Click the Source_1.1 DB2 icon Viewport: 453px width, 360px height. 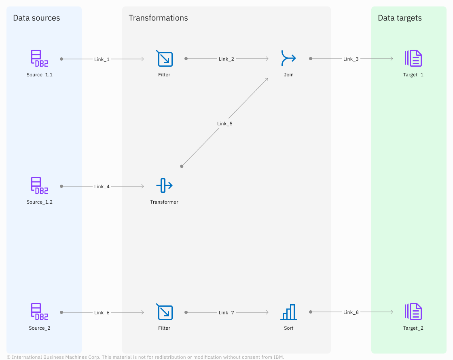coord(40,58)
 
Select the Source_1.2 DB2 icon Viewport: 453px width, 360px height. coord(40,185)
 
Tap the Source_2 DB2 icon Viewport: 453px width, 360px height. coord(40,312)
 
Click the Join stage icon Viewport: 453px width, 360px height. coord(288,58)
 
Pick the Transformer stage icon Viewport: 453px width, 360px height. coord(164,185)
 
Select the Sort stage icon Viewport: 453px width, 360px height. coord(288,312)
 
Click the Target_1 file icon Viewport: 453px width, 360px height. coord(413,58)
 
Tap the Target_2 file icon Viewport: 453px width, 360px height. coord(413,312)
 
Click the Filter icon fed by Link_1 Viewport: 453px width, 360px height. coord(164,58)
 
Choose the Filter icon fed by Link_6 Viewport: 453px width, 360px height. coord(164,312)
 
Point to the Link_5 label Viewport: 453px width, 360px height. coord(225,124)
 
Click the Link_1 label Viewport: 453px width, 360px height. coord(102,59)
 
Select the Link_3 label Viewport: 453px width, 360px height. coord(351,59)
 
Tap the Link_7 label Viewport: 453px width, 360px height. coord(226,312)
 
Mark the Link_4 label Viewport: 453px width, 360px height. coord(102,186)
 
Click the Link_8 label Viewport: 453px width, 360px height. coord(351,312)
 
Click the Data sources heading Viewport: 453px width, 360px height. coord(36,18)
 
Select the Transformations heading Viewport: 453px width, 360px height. coord(158,18)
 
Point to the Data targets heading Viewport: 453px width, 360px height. coord(400,18)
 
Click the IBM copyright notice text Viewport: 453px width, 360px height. coord(146,357)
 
